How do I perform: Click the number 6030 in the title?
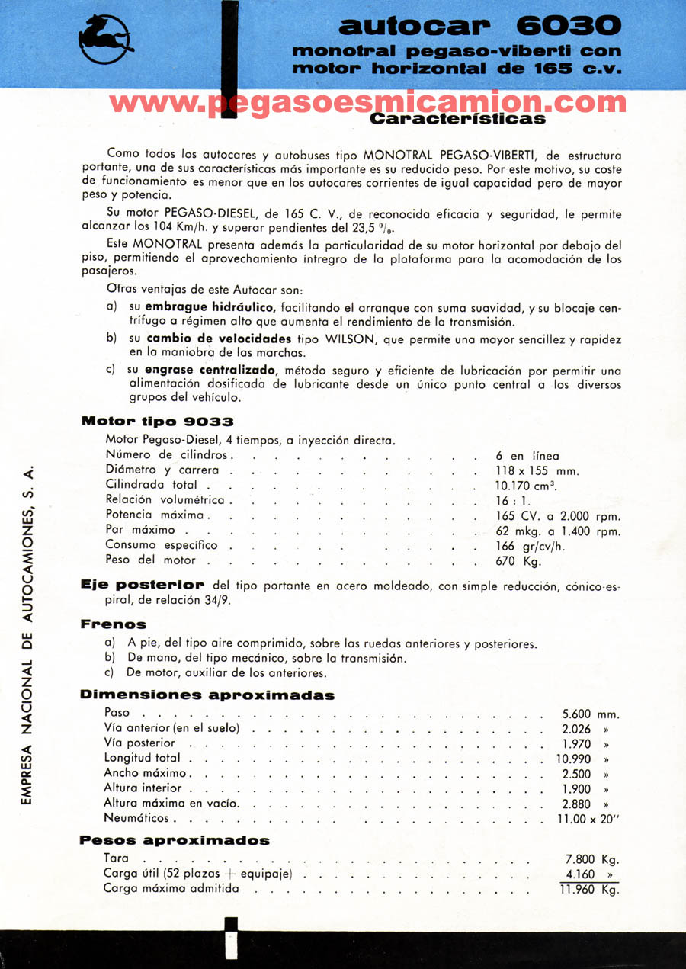569,26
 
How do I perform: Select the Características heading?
457,119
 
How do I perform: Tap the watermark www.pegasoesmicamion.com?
368,102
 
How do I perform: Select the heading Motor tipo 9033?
157,421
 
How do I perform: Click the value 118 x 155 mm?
537,470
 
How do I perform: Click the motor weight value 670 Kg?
518,560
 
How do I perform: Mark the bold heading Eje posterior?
143,585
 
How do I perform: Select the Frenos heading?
113,624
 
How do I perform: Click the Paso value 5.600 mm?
590,714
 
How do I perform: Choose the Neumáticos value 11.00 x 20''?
588,820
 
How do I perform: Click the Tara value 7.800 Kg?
591,859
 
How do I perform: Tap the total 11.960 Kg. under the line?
589,890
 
